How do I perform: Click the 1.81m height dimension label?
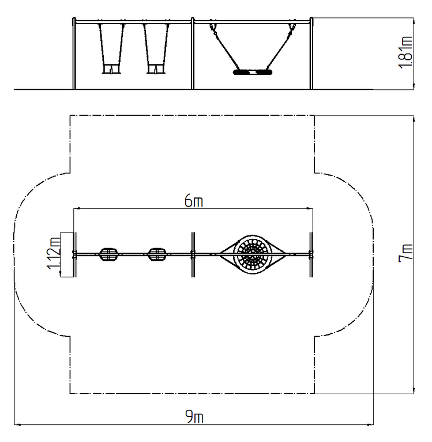pyautogui.click(x=405, y=52)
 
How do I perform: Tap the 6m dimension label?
pyautogui.click(x=194, y=201)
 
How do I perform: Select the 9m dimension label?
pyautogui.click(x=194, y=416)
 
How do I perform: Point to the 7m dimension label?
pyautogui.click(x=405, y=253)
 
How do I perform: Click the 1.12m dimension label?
pyautogui.click(x=54, y=253)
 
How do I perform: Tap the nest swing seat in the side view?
pyautogui.click(x=253, y=72)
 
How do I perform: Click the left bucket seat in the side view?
pyautogui.click(x=111, y=69)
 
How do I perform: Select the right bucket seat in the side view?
pyautogui.click(x=156, y=69)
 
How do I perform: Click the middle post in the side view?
pyautogui.click(x=193, y=54)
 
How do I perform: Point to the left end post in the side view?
pyautogui.click(x=74, y=54)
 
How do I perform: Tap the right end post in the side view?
pyautogui.click(x=311, y=54)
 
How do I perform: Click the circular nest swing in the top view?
pyautogui.click(x=253, y=254)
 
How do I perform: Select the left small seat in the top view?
pyautogui.click(x=108, y=254)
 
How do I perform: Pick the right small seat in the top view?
pyautogui.click(x=157, y=254)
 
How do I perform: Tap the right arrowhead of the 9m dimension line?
pyautogui.click(x=371, y=424)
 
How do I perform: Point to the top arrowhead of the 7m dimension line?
pyautogui.click(x=414, y=119)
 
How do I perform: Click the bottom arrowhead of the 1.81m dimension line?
pyautogui.click(x=414, y=86)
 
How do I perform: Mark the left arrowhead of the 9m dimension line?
pyautogui.click(x=17, y=424)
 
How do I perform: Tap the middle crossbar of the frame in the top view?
pyautogui.click(x=193, y=254)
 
